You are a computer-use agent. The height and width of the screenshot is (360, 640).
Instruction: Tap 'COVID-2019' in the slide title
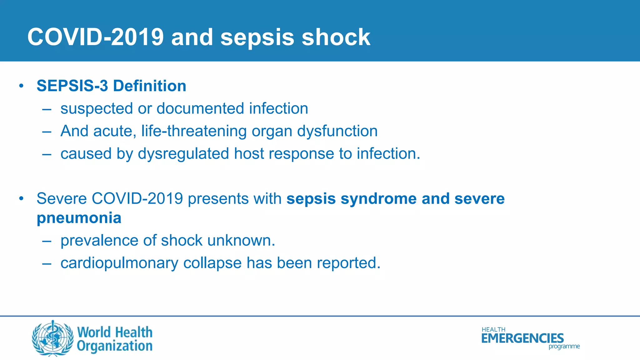95,37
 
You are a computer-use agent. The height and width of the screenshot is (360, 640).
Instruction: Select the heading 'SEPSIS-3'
72,86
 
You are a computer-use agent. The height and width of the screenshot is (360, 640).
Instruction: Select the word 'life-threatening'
194,131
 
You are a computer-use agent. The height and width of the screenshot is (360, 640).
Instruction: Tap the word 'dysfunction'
337,131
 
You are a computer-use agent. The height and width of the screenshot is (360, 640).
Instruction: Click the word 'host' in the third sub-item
248,154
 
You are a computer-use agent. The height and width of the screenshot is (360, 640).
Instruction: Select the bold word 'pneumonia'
79,218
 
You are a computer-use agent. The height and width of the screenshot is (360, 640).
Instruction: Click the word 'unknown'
241,241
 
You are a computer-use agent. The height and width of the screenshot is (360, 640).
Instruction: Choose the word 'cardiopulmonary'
119,263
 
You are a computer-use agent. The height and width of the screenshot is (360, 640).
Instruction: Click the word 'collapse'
212,263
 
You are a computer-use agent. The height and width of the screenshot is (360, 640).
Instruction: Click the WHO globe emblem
52,338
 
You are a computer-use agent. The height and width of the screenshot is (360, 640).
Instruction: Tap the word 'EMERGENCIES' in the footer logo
522,338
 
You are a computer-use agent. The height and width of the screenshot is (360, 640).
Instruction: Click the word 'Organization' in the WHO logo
115,346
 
